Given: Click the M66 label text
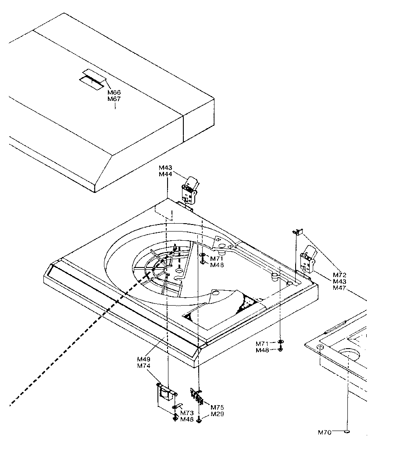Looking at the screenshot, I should pos(114,93).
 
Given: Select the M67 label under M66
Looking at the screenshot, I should pos(114,99).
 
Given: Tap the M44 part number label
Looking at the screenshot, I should pos(165,175).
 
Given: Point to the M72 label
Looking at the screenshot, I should pos(339,275).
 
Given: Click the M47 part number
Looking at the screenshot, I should pos(339,288).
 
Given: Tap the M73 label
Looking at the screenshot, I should pos(187,413).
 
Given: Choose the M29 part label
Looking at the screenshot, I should pos(218,414).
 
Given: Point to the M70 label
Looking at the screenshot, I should pos(325,432).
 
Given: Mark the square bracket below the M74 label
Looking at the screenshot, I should pos(165,393).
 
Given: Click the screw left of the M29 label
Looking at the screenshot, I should pos(200,421).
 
